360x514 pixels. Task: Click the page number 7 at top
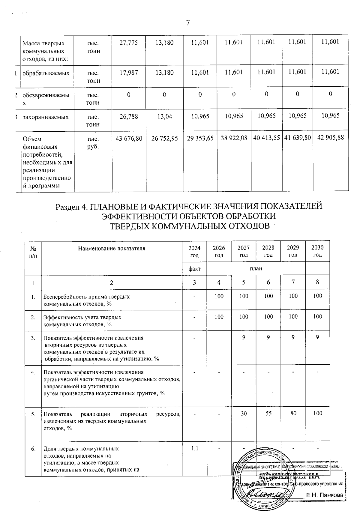[x=188, y=23]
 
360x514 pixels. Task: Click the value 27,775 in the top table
[x=128, y=43]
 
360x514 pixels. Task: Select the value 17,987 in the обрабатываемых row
[x=128, y=72]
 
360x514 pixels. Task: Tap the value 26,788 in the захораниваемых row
[x=128, y=116]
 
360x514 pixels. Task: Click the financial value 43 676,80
[x=129, y=138]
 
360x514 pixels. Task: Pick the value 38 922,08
[x=234, y=138]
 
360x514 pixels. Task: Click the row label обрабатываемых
[x=46, y=73]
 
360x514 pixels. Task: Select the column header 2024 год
[x=194, y=251]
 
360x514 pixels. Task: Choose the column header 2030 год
[x=317, y=251]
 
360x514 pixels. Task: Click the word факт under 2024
[x=194, y=268]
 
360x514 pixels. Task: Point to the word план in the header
[x=256, y=268]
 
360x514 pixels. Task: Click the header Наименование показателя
[x=111, y=248]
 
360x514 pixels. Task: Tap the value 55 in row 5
[x=268, y=414]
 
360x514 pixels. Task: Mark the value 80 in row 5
[x=293, y=414]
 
